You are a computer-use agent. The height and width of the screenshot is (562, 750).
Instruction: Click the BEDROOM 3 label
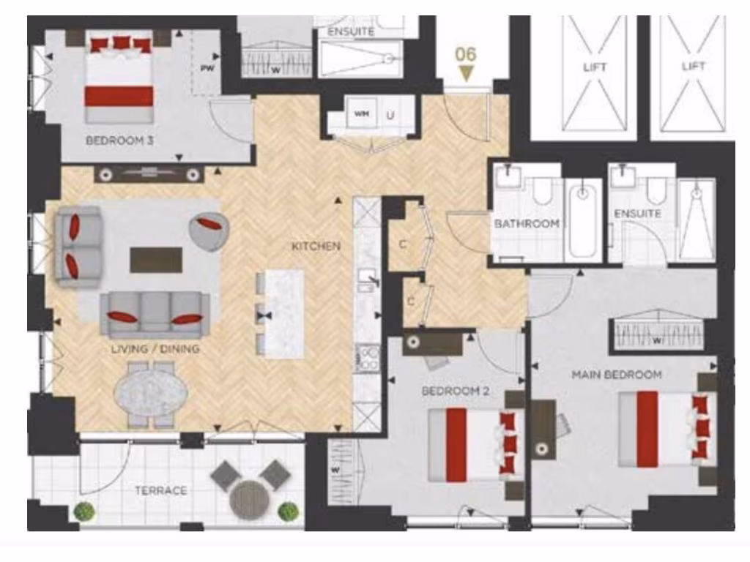click(x=119, y=140)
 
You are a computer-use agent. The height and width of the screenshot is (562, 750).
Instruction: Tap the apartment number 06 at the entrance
click(x=466, y=53)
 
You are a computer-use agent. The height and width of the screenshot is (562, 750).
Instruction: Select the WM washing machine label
click(x=360, y=114)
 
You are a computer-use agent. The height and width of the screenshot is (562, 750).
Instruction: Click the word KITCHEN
click(x=316, y=246)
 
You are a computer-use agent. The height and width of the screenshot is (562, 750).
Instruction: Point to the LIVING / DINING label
click(x=155, y=348)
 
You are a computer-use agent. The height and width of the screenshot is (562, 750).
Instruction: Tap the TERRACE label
click(x=160, y=490)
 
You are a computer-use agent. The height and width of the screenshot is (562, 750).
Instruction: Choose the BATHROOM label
click(x=527, y=223)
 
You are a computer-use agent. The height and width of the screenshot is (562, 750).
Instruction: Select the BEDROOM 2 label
click(x=455, y=391)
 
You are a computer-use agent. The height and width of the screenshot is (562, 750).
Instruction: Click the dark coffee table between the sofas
click(x=156, y=259)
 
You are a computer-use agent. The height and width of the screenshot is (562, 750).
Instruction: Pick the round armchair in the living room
click(x=208, y=231)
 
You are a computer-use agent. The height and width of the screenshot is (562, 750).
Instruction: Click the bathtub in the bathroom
click(x=583, y=220)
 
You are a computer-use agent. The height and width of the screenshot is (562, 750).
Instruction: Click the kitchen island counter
click(x=284, y=313)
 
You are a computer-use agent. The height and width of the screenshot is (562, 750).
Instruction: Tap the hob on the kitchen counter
click(x=366, y=359)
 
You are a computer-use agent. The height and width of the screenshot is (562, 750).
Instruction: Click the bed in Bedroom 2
click(x=475, y=445)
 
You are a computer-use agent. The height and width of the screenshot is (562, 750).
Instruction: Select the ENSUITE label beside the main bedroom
click(x=638, y=213)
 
